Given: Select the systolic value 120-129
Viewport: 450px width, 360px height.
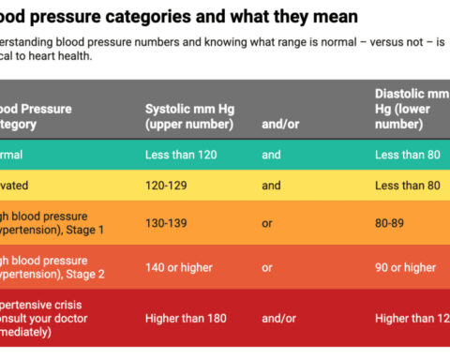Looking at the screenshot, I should pyautogui.click(x=167, y=186).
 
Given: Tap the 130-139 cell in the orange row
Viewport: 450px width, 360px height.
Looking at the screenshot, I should pyautogui.click(x=167, y=225).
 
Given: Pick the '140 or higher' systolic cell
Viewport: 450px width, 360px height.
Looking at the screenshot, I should pyautogui.click(x=178, y=268).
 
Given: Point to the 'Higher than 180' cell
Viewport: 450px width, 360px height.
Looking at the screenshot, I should pyautogui.click(x=186, y=318).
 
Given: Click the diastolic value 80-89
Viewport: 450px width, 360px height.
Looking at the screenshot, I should pyautogui.click(x=391, y=225).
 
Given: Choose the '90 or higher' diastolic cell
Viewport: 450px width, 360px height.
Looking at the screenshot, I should pyautogui.click(x=405, y=268).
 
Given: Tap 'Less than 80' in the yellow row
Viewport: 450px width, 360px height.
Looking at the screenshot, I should pyautogui.click(x=407, y=186).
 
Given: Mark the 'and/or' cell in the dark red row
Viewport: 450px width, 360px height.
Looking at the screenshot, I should pyautogui.click(x=278, y=318).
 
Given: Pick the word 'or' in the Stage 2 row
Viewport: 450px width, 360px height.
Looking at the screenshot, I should pyautogui.click(x=267, y=268).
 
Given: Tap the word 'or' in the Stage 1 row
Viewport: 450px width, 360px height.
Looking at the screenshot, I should pyautogui.click(x=267, y=225).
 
